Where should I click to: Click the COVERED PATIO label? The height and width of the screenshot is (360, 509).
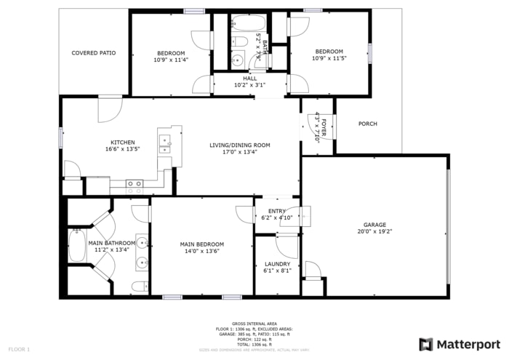click(93, 53)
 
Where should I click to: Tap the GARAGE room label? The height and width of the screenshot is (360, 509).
click(374, 225)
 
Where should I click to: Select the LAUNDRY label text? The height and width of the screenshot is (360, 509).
click(277, 264)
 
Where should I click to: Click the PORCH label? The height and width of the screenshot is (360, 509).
click(368, 124)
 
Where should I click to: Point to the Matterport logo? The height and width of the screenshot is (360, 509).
click(460, 344)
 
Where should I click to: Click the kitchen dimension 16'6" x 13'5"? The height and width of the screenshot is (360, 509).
click(122, 149)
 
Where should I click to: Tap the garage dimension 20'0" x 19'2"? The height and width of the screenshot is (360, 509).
click(374, 232)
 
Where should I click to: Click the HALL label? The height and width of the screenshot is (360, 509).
click(250, 79)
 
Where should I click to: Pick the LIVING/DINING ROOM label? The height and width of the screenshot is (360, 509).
click(240, 145)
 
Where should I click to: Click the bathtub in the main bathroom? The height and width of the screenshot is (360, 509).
click(75, 245)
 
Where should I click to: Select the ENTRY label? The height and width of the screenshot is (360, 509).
click(276, 211)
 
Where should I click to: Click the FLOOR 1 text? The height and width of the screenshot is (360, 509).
click(18, 350)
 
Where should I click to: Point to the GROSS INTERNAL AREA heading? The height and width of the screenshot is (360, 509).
click(254, 323)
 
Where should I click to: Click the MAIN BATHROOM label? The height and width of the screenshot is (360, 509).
click(111, 243)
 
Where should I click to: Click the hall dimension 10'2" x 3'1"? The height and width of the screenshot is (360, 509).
click(250, 85)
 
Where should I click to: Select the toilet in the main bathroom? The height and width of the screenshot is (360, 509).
click(139, 287)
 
